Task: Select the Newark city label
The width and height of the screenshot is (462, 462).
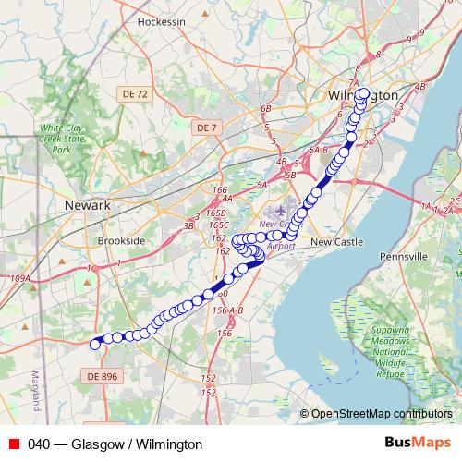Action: click(88, 204)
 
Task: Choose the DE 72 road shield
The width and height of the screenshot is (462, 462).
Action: click(134, 94)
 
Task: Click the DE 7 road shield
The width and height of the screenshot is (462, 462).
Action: click(206, 127)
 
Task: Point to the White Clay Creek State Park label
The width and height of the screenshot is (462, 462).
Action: click(62, 138)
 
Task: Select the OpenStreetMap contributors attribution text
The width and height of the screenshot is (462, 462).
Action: click(382, 414)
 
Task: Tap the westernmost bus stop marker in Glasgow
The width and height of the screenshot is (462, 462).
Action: click(93, 344)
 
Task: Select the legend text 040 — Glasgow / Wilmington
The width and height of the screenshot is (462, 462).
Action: click(115, 444)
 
